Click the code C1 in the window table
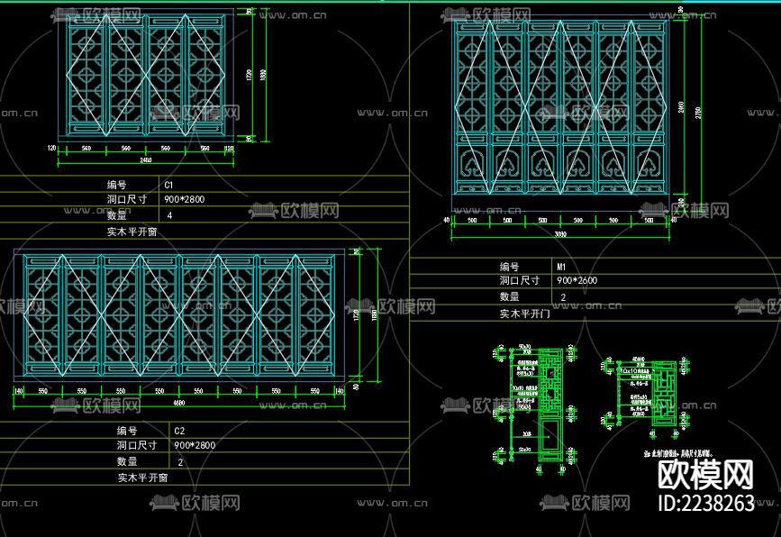[168, 184]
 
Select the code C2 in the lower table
[178, 430]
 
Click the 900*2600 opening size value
[577, 280]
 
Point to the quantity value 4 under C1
[169, 215]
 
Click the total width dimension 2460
[145, 160]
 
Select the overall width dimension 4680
[180, 403]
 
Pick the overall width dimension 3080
[559, 233]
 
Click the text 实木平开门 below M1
[525, 313]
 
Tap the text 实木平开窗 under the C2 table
[142, 478]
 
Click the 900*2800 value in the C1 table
[185, 199]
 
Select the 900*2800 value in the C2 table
[195, 445]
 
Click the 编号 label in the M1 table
[510, 267]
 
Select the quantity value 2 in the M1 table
[564, 296]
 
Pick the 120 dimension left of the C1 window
[52, 148]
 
